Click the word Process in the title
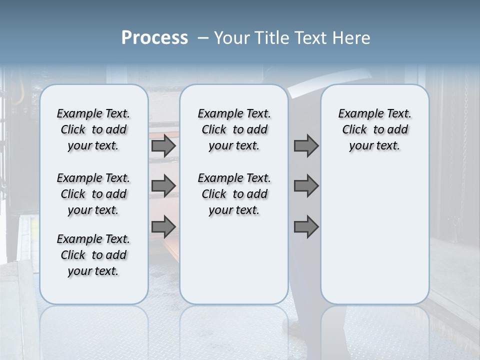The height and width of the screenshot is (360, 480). [154, 38]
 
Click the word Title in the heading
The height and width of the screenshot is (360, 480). [270, 38]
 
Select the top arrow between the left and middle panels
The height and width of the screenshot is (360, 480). [163, 146]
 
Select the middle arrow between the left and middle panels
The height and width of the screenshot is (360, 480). [163, 186]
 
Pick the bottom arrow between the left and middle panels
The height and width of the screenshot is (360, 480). [163, 226]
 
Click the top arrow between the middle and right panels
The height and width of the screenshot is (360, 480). [306, 146]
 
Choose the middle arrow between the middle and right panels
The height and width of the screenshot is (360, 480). [306, 186]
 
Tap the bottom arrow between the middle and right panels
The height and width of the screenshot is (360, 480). [306, 226]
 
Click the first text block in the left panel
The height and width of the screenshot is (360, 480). [93, 129]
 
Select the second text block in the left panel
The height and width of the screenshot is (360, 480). [93, 194]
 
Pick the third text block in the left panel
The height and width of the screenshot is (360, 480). [93, 255]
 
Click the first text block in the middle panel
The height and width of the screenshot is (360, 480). [234, 129]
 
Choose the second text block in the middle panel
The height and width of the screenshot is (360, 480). [234, 194]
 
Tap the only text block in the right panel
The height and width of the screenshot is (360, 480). [375, 129]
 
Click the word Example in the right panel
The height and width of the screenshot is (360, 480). [357, 114]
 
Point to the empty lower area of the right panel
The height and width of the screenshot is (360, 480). [375, 235]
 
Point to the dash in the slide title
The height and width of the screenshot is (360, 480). [203, 38]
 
